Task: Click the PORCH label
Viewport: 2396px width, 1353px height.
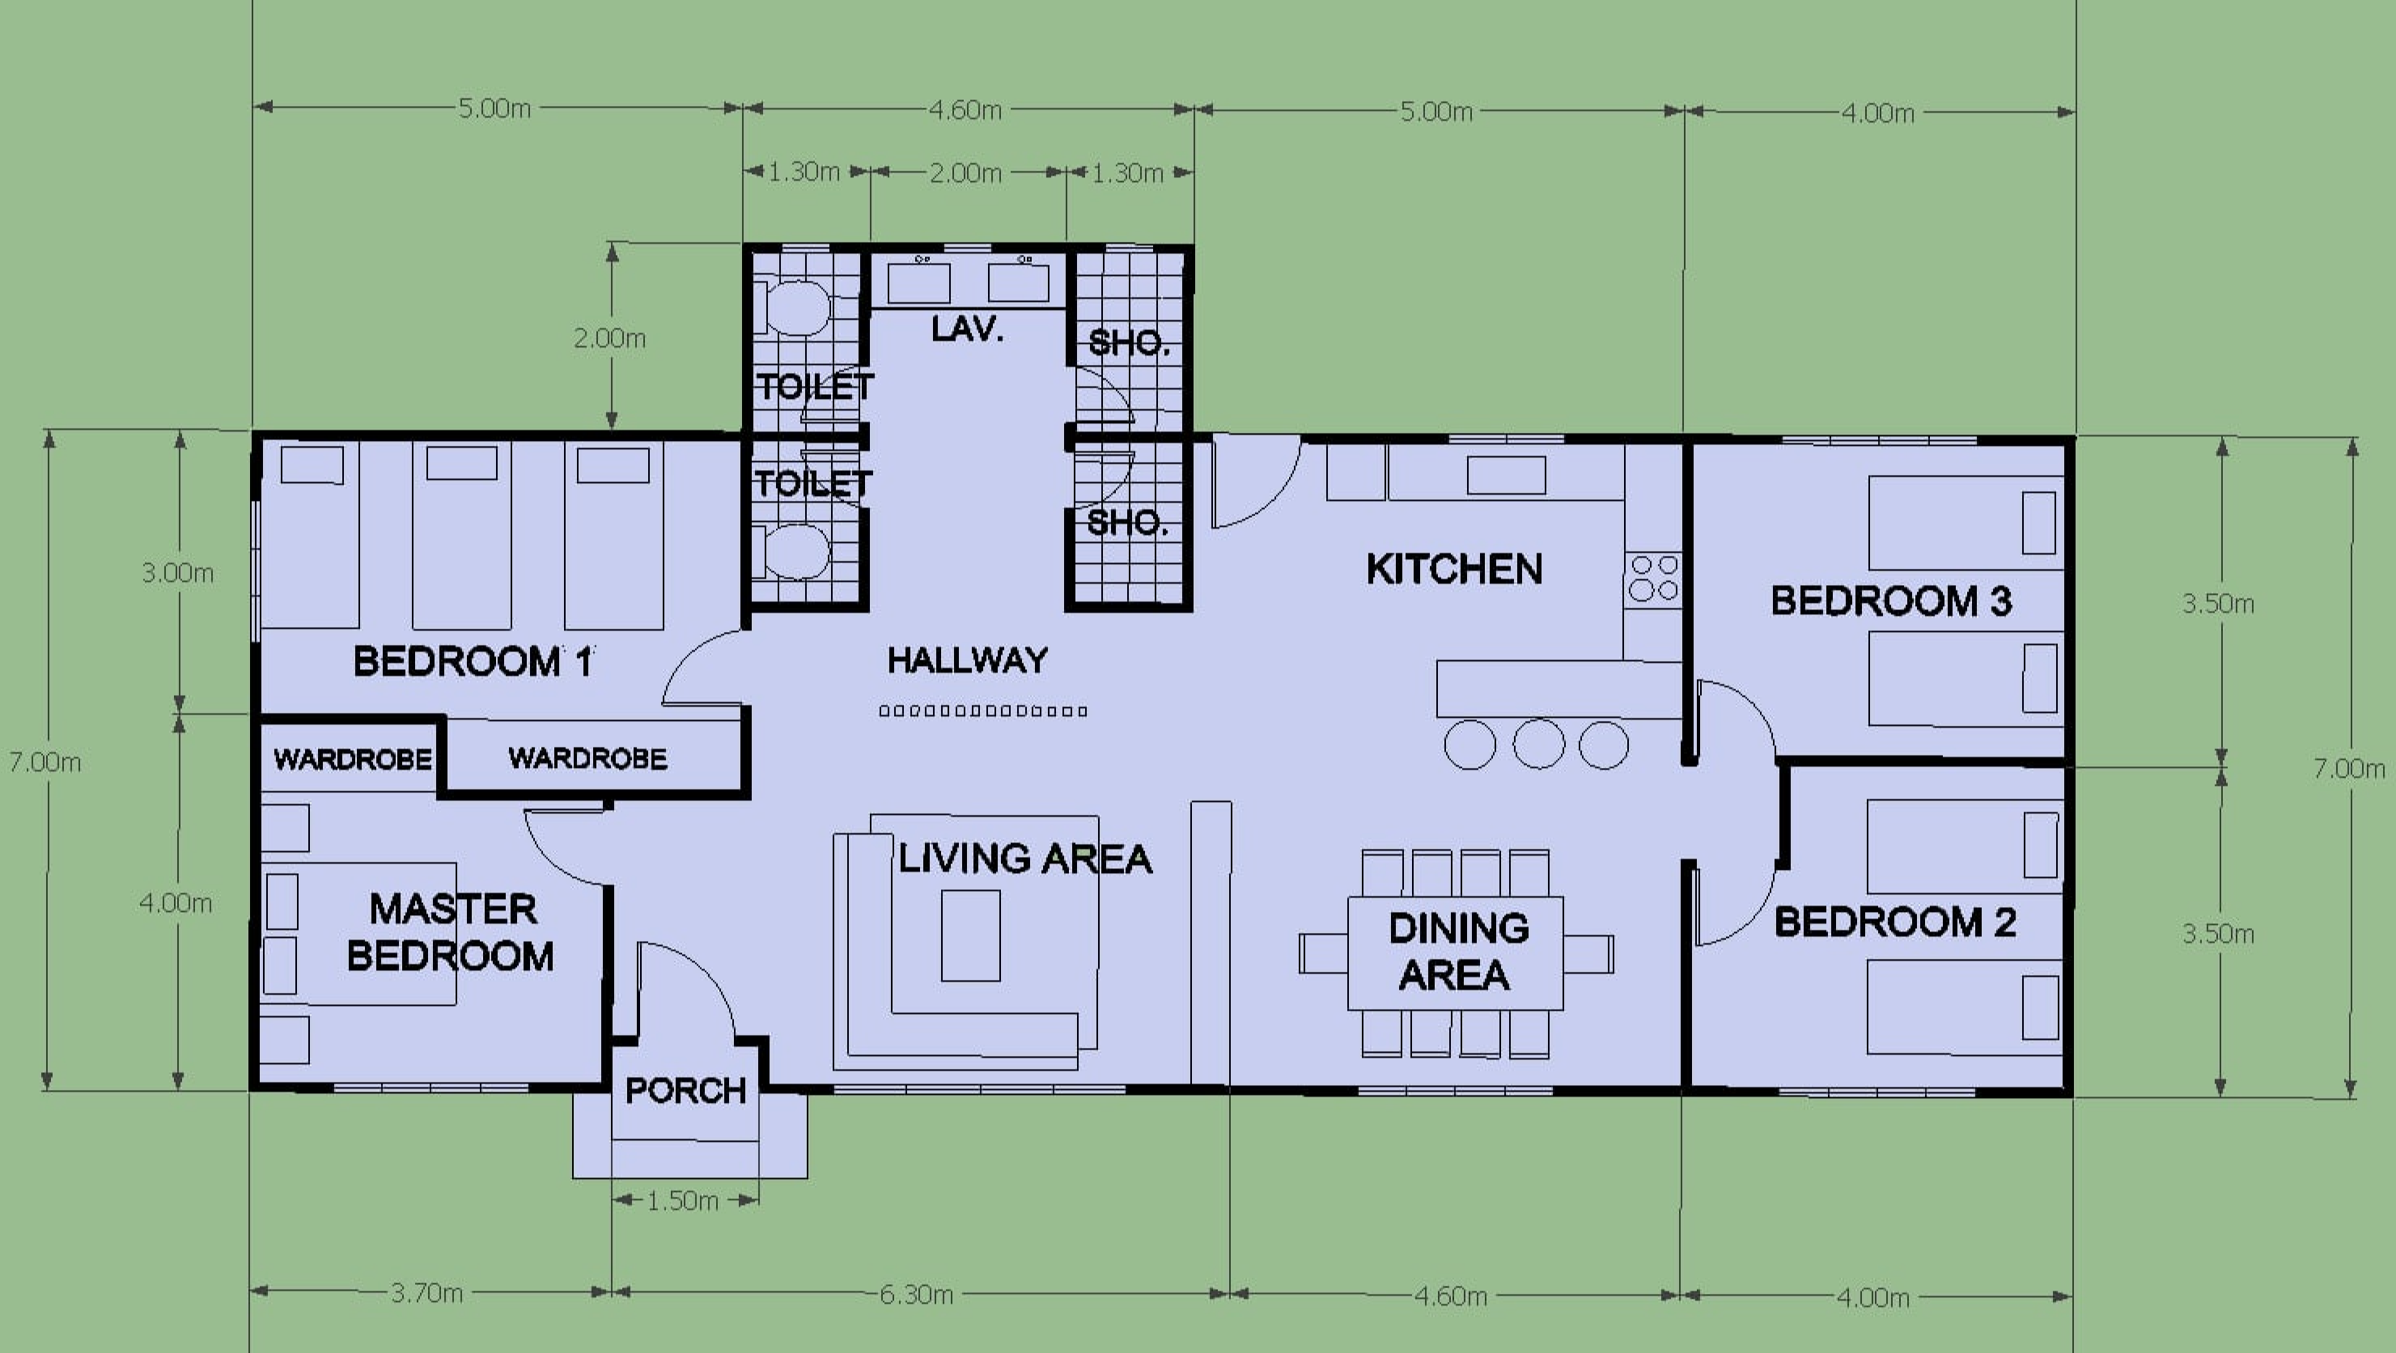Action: [x=685, y=1090]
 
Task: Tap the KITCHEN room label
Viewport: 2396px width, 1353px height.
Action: [x=1454, y=569]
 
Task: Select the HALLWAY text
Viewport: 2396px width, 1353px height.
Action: [x=967, y=660]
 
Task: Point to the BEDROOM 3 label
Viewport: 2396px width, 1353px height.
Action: [x=1891, y=600]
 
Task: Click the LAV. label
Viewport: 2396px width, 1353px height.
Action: [x=967, y=329]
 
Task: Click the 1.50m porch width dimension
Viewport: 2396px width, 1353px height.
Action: [x=683, y=1201]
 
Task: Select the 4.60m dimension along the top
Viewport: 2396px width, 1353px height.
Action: [x=965, y=110]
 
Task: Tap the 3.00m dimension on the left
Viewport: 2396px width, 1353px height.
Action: [x=178, y=573]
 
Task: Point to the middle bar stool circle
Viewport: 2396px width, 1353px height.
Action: [x=1538, y=744]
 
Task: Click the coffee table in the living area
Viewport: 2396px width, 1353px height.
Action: [x=971, y=935]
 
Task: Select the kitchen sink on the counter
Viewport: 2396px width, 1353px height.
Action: [x=1506, y=475]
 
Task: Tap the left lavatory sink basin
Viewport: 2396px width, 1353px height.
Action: [x=919, y=282]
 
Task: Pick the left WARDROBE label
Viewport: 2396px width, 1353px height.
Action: [x=353, y=760]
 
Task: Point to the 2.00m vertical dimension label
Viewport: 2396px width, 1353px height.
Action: [x=609, y=338]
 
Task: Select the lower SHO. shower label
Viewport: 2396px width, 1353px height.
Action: [x=1127, y=524]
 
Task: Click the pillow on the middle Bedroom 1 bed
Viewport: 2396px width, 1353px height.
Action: [x=461, y=463]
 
